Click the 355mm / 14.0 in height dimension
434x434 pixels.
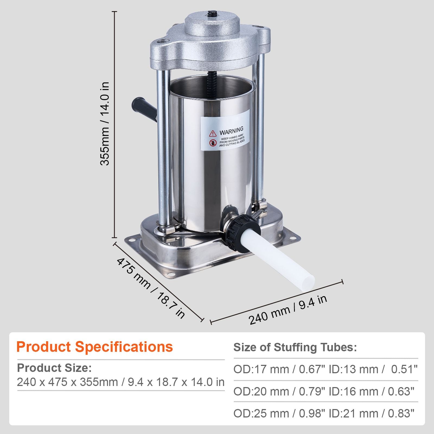pos(105,124)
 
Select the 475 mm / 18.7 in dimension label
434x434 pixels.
pos(151,288)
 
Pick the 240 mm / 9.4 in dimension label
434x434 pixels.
pos(288,309)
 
